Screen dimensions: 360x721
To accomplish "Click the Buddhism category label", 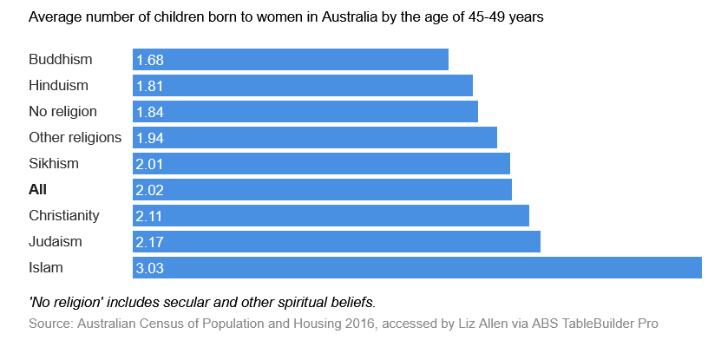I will [61, 60].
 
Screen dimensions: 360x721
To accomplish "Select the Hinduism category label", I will [59, 86].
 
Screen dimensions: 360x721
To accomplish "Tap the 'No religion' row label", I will [63, 112].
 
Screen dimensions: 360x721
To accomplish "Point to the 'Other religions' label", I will [75, 138].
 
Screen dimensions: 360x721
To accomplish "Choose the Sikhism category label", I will [54, 164].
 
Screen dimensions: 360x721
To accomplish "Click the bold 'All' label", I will [38, 190].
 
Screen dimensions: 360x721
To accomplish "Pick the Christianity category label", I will [64, 216].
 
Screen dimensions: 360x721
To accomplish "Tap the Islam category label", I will [46, 268].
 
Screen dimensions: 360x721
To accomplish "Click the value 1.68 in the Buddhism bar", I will [150, 60].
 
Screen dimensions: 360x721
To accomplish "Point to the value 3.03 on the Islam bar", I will [150, 268].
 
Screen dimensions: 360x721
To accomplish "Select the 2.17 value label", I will [150, 242].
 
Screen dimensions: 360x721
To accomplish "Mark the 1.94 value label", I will [150, 138].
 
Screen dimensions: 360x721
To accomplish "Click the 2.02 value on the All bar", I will [150, 190].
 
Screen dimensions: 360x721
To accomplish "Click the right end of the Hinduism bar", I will [470, 86].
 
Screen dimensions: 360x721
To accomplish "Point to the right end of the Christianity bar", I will [527, 216].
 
